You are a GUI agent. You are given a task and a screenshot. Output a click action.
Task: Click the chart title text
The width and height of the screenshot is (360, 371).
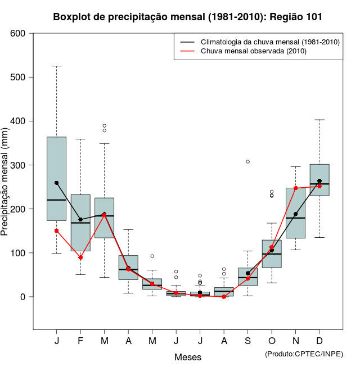(x=188, y=17)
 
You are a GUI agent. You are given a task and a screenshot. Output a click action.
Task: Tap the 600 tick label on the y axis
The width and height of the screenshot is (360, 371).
(x=19, y=33)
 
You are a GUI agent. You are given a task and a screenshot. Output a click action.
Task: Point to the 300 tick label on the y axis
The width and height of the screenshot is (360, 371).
(x=19, y=165)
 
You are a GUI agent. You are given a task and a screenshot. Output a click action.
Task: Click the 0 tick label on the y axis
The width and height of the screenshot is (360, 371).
(x=24, y=297)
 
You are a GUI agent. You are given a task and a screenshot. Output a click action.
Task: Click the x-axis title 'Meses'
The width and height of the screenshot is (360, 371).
(x=188, y=357)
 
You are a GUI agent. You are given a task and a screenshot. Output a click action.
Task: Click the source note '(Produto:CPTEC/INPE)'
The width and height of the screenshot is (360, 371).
(x=304, y=354)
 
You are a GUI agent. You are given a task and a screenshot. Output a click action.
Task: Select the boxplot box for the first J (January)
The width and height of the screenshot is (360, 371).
(x=56, y=169)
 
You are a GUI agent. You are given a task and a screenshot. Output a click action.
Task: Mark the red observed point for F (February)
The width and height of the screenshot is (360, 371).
(x=80, y=257)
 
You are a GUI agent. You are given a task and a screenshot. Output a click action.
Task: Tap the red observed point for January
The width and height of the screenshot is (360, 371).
(x=57, y=230)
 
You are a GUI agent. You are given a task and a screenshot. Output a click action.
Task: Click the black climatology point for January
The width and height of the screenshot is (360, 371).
(x=57, y=183)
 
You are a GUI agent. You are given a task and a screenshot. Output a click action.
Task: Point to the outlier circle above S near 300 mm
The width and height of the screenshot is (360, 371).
(x=247, y=161)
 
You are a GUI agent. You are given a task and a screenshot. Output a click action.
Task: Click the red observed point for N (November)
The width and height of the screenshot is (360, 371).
(x=296, y=188)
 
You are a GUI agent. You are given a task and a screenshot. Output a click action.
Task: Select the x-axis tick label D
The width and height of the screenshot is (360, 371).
(x=319, y=341)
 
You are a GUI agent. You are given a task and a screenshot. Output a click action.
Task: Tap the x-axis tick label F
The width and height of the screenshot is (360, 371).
(x=80, y=341)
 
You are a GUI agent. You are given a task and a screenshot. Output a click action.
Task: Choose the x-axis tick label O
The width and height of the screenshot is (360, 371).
(x=272, y=341)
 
